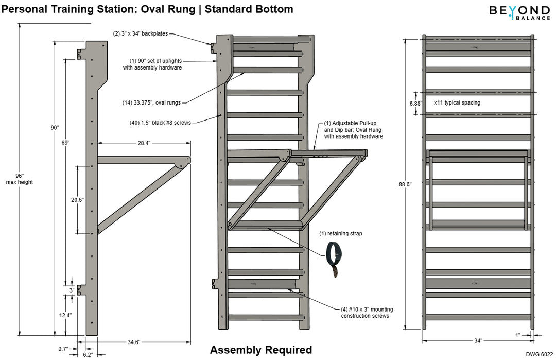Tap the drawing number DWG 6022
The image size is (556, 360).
point(539,354)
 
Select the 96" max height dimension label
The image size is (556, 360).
point(19,179)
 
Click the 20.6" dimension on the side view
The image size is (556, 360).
point(78,199)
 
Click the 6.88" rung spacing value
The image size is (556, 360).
point(414,103)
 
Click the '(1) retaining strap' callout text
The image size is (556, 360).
point(341,233)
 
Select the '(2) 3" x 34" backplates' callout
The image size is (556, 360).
point(141,34)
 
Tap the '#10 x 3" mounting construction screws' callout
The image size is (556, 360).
point(367,313)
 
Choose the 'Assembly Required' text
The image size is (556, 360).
point(260,350)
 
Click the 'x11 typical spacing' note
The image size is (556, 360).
point(457,102)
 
